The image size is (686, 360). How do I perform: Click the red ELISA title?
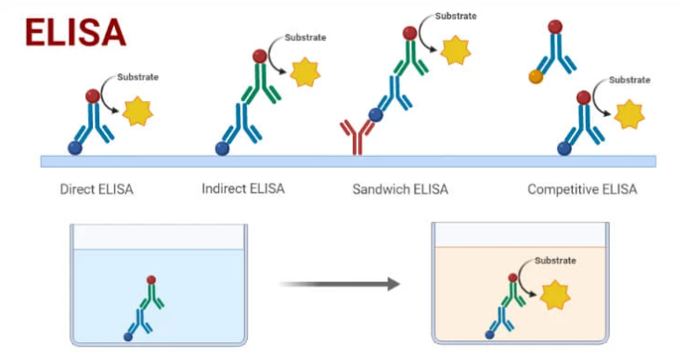point(75,32)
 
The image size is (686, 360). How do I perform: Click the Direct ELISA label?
point(97,190)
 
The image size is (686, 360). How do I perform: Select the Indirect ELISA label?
point(242,189)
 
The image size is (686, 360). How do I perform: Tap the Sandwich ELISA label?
point(400,190)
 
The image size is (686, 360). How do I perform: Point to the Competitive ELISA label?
point(582,190)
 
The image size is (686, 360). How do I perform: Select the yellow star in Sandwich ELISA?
point(455,50)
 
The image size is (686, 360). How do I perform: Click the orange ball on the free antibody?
point(536,78)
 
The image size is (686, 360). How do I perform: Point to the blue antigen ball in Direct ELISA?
point(74,148)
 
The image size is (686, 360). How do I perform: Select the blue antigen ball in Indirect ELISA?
point(222,148)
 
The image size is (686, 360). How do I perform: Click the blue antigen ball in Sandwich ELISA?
point(375,116)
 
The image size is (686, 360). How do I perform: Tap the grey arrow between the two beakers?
point(340,283)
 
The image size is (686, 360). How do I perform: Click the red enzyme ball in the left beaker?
point(150,278)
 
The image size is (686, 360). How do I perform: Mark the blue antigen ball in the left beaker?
point(128,335)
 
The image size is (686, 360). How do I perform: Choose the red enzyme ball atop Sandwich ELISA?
point(409,33)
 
